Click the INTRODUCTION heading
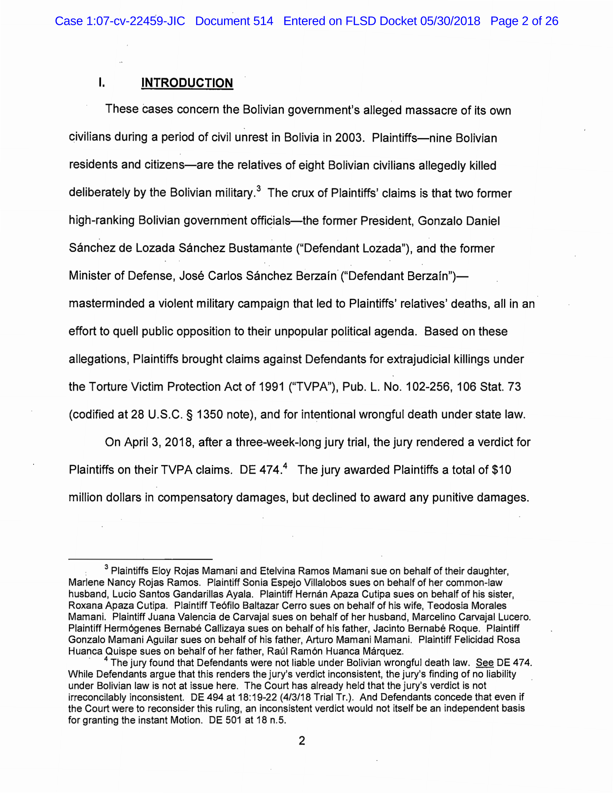(x=187, y=83)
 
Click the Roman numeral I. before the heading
(x=101, y=83)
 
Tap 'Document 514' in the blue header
(x=234, y=21)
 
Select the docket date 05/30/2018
(x=450, y=21)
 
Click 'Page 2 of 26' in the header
(x=524, y=21)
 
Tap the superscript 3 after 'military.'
(x=258, y=188)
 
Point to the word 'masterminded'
(x=106, y=304)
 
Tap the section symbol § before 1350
(x=189, y=415)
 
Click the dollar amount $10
(x=501, y=470)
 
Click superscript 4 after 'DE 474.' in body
(x=285, y=465)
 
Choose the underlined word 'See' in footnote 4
(x=484, y=663)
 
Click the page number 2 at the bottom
(x=302, y=741)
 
